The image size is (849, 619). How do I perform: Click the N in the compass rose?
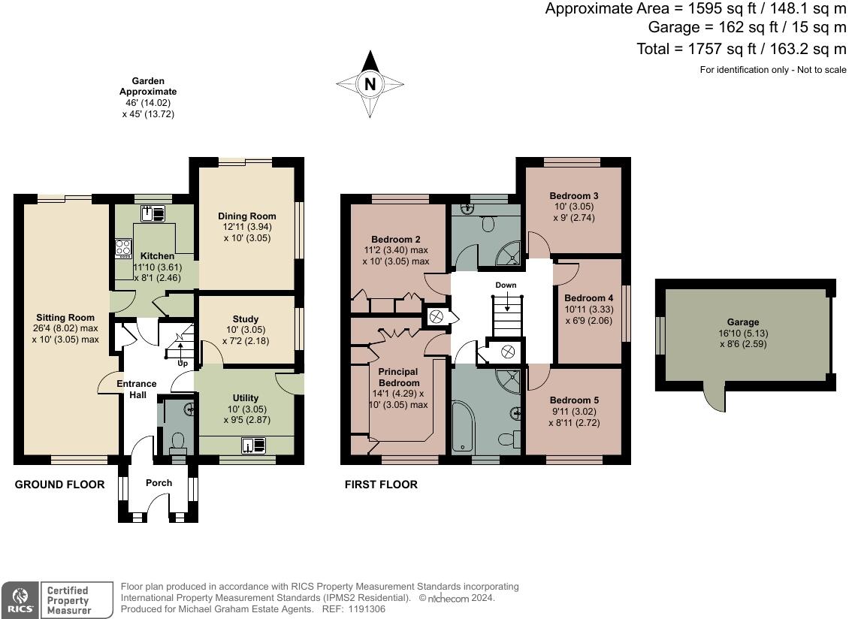click(370, 84)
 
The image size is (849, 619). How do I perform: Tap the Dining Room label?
click(247, 216)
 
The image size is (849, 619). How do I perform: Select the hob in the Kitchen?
click(123, 248)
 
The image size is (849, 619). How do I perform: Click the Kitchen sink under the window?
click(153, 214)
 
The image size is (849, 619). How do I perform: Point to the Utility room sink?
click(254, 445)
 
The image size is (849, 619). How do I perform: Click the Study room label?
click(245, 319)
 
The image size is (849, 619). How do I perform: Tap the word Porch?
click(159, 482)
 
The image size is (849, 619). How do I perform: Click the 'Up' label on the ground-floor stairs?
click(183, 364)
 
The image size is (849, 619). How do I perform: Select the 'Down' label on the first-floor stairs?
click(506, 285)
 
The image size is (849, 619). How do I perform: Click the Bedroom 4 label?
click(588, 298)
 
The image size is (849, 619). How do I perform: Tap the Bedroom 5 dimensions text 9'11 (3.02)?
click(574, 412)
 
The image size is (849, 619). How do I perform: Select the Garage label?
click(743, 322)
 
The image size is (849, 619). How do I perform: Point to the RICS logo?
click(20, 600)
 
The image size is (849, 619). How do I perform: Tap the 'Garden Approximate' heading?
click(148, 86)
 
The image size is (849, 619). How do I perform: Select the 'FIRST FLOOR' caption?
click(381, 484)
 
